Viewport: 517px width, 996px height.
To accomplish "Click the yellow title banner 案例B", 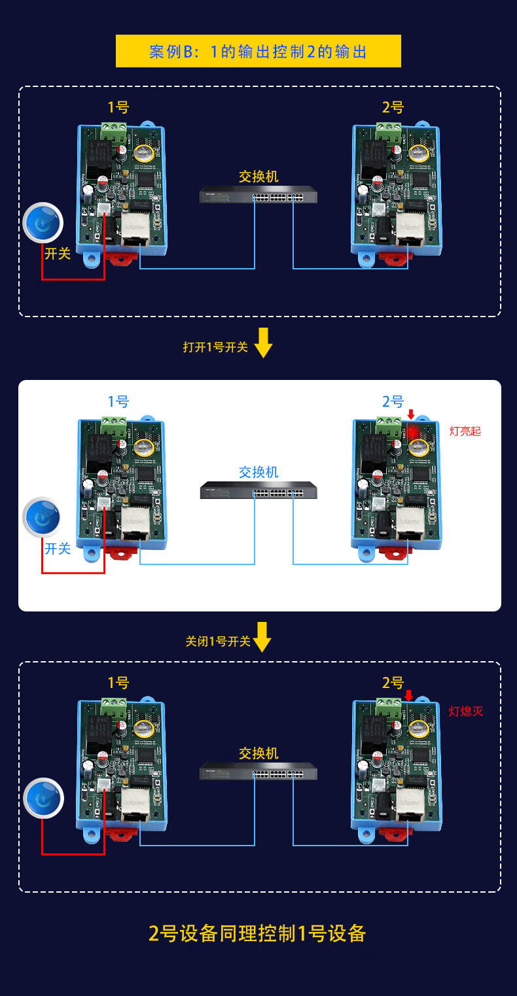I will click(x=258, y=51).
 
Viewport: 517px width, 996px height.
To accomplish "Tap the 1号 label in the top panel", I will click(x=118, y=107).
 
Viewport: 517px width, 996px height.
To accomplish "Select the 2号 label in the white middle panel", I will click(x=393, y=401).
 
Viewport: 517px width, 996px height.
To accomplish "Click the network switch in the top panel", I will click(x=258, y=196).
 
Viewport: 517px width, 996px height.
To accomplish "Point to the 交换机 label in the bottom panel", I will click(x=258, y=753).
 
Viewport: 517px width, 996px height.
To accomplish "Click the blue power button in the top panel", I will click(x=43, y=223).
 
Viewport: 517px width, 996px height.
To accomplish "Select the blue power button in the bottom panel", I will click(x=43, y=799).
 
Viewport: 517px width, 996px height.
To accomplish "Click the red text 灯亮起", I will click(x=465, y=432).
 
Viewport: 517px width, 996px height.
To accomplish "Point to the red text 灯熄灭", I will click(x=465, y=712).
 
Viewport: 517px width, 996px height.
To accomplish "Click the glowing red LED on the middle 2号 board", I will click(x=412, y=432).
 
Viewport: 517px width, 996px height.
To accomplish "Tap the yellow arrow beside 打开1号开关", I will click(x=263, y=343).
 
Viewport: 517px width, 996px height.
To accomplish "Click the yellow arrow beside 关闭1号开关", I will click(x=262, y=637).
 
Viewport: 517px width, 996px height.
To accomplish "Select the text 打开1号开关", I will click(x=215, y=347).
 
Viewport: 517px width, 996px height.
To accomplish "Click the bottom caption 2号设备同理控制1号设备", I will click(x=257, y=933).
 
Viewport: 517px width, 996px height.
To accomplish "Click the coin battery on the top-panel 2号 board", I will click(x=418, y=154).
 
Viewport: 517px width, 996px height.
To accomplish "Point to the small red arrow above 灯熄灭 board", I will click(x=409, y=695).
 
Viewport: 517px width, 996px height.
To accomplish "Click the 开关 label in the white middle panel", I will click(x=58, y=548).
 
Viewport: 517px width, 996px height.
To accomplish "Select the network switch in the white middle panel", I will click(x=258, y=490).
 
